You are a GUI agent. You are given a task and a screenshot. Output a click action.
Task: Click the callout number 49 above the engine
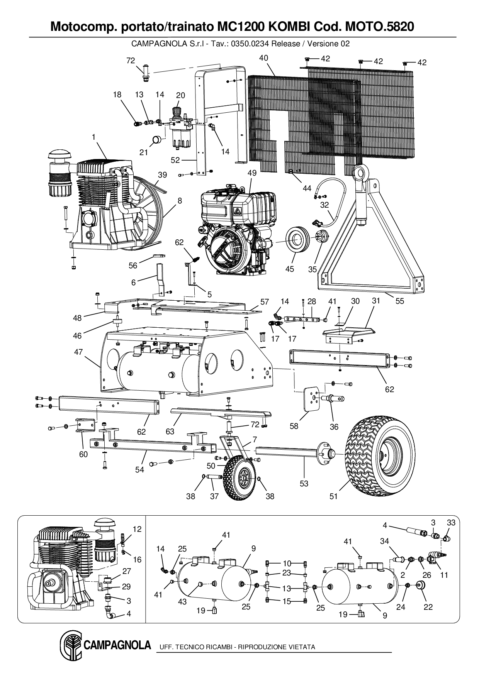(252, 173)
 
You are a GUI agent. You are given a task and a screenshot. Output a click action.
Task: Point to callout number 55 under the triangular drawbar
(399, 301)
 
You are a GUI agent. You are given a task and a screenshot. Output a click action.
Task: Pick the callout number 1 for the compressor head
(93, 137)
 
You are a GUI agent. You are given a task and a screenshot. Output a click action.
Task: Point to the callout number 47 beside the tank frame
(78, 352)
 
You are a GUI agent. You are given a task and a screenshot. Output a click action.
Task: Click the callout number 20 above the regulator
(180, 95)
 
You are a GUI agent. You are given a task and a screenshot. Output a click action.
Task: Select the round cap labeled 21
(157, 140)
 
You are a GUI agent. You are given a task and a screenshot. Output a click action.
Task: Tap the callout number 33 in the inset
(451, 523)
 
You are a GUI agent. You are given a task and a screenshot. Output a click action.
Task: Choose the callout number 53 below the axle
(304, 483)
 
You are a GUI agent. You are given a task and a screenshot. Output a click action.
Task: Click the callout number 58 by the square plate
(294, 426)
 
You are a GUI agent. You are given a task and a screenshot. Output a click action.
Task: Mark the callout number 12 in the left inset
(137, 529)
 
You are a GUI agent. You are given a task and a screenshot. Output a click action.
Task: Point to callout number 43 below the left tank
(182, 602)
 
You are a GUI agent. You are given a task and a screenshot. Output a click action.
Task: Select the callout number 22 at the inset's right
(428, 607)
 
